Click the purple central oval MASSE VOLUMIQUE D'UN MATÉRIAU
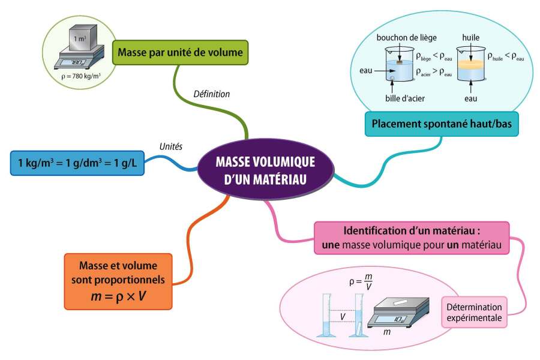pyautogui.click(x=266, y=169)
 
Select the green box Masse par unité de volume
pyautogui.click(x=180, y=52)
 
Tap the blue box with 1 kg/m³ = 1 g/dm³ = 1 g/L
pyautogui.click(x=77, y=163)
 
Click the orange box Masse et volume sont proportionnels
pyautogui.click(x=118, y=281)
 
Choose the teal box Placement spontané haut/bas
pyautogui.click(x=442, y=124)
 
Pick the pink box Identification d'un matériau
pyautogui.click(x=412, y=238)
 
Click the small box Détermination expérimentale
pyautogui.click(x=474, y=312)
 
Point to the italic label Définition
pyautogui.click(x=211, y=94)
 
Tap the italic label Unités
pyautogui.click(x=171, y=146)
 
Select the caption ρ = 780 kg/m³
pyautogui.click(x=81, y=76)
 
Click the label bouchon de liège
pyautogui.click(x=406, y=38)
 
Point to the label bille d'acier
pyautogui.click(x=405, y=98)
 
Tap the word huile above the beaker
pyautogui.click(x=471, y=38)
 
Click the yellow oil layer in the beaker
pyautogui.click(x=471, y=64)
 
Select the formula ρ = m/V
pyautogui.click(x=361, y=281)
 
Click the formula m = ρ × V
pyautogui.click(x=118, y=296)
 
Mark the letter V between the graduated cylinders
pyautogui.click(x=343, y=317)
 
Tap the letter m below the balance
pyautogui.click(x=387, y=332)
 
